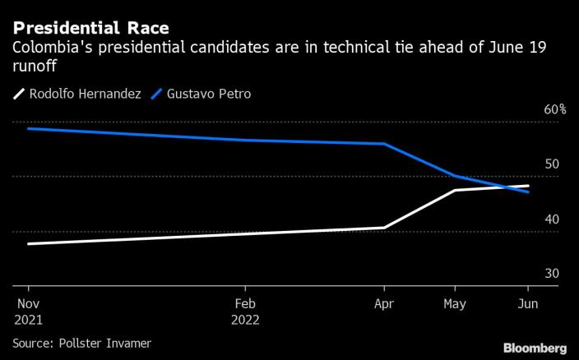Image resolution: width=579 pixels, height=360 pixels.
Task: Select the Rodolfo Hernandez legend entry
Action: point(77,94)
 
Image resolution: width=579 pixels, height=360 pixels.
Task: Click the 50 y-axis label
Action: point(551,164)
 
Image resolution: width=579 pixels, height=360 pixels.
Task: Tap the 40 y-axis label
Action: point(551,219)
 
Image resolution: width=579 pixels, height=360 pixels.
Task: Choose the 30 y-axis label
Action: point(551,274)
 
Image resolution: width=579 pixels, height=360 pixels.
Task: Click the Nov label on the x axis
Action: point(29,302)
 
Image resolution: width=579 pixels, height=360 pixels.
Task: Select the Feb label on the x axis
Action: point(245,302)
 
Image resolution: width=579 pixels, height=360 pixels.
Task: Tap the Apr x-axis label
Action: point(384,302)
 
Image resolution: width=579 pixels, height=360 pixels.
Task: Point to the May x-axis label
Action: point(454,302)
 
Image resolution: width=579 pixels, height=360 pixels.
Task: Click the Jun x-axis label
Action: point(526,302)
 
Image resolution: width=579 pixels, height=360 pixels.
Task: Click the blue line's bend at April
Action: point(384,144)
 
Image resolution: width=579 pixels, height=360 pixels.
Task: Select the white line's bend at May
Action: point(454,190)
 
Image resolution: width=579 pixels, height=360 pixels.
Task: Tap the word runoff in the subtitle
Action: point(34,66)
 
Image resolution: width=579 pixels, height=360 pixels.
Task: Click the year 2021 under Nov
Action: point(29,320)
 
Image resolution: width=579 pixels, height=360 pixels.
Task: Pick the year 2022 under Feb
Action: point(245,320)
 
